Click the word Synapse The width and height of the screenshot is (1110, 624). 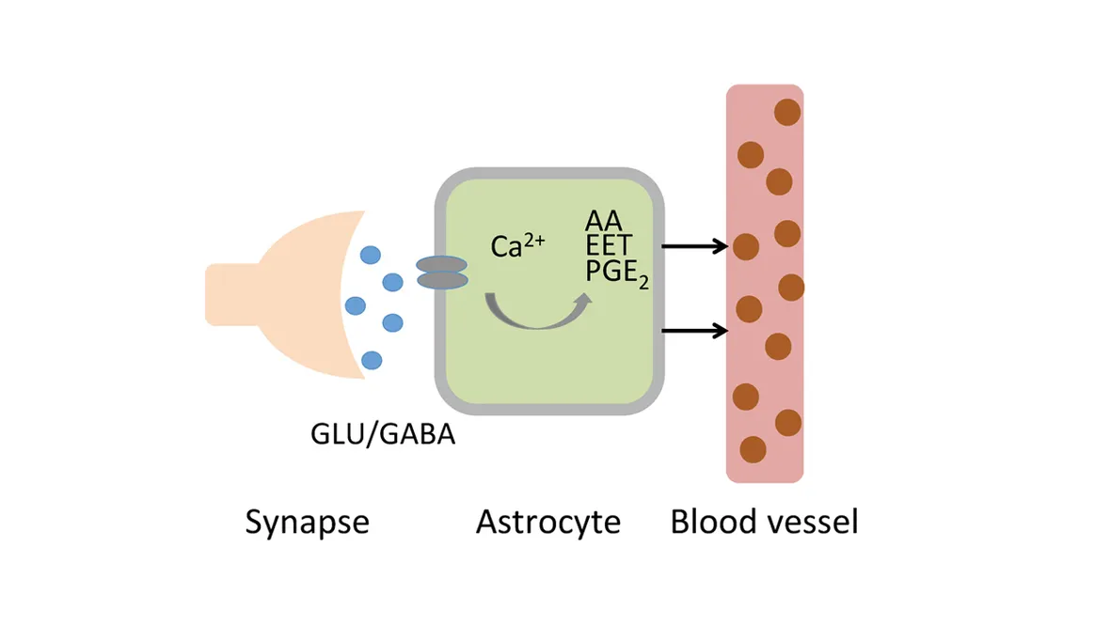click(307, 523)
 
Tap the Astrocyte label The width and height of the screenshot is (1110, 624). click(548, 522)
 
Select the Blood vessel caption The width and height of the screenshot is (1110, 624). click(764, 522)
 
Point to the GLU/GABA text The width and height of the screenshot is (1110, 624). click(382, 436)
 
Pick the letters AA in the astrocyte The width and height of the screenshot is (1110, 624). click(604, 222)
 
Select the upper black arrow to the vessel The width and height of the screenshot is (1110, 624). click(696, 247)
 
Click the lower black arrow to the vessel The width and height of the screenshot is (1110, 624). click(696, 331)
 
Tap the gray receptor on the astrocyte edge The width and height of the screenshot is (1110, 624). click(441, 273)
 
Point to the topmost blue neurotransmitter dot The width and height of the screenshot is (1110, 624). click(372, 254)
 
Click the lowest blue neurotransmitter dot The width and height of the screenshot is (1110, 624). click(372, 359)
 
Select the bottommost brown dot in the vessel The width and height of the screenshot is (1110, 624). click(753, 449)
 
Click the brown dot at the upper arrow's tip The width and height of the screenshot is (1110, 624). click(745, 247)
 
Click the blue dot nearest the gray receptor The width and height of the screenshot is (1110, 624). click(392, 281)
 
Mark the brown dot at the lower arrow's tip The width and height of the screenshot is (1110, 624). click(749, 307)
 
